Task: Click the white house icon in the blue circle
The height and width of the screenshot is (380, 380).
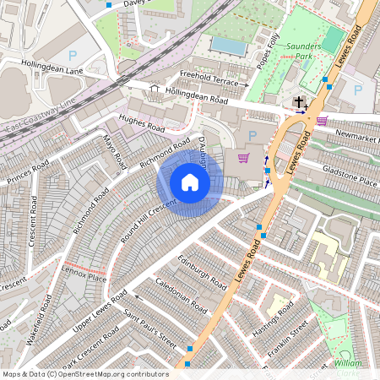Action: click(190, 182)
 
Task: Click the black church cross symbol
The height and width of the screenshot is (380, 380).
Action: click(299, 103)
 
